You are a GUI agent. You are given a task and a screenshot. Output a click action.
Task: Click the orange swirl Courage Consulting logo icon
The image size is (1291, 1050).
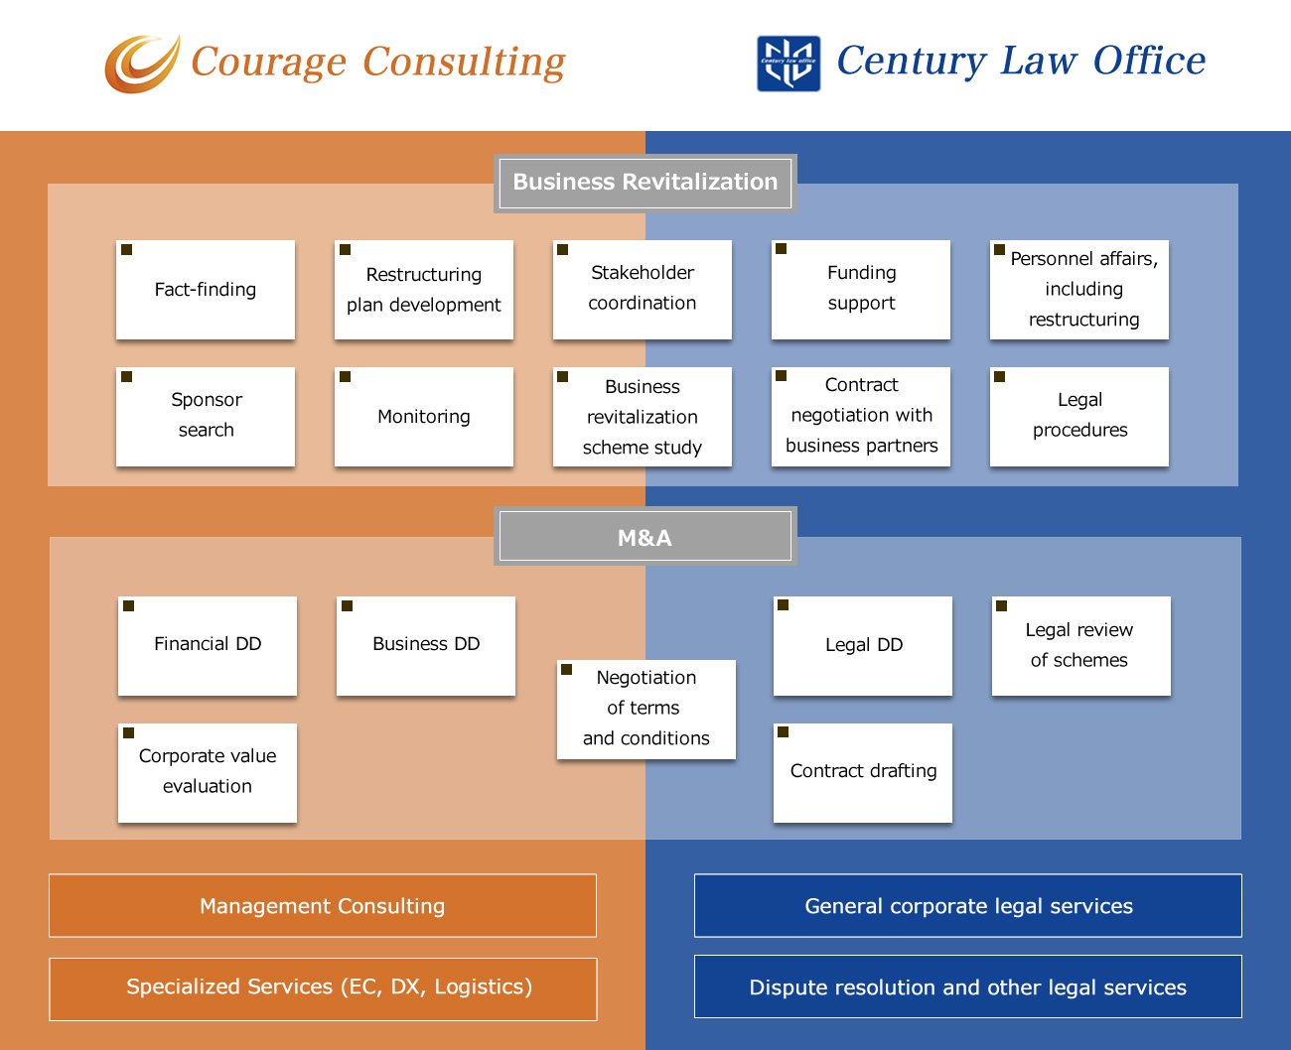(142, 65)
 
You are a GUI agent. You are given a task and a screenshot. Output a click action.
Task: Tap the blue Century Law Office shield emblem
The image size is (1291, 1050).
(789, 64)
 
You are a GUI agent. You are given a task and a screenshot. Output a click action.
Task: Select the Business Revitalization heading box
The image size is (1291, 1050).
(645, 183)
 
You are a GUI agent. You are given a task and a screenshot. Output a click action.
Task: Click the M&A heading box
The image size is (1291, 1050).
(645, 537)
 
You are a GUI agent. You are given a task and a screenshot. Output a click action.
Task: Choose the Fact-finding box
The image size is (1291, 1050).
(206, 290)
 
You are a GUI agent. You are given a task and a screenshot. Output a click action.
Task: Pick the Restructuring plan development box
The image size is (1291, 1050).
(424, 290)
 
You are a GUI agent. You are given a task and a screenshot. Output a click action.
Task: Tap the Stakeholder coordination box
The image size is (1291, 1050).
(643, 290)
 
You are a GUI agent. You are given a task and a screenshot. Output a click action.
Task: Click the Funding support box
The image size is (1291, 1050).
(861, 290)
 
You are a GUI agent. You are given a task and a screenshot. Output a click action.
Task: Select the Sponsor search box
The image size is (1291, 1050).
(206, 417)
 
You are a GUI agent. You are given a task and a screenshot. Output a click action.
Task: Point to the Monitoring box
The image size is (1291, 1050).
(424, 417)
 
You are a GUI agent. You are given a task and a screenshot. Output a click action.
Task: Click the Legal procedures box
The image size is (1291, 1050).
(1079, 417)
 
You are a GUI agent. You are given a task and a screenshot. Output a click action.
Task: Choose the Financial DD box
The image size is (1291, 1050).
(208, 645)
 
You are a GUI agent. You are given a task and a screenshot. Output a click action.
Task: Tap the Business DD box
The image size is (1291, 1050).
(426, 645)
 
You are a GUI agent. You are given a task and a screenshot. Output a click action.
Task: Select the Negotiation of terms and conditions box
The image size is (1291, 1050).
(646, 709)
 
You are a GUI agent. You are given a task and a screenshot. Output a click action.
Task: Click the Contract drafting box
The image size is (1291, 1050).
(863, 772)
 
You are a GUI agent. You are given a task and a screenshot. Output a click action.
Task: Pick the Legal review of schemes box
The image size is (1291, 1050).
(1081, 645)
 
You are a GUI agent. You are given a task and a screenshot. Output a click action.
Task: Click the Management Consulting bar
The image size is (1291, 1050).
(323, 905)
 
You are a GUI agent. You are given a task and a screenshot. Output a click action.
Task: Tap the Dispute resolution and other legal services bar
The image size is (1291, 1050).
(968, 986)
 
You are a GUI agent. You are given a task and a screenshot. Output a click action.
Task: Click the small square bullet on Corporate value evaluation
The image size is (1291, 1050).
(128, 733)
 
